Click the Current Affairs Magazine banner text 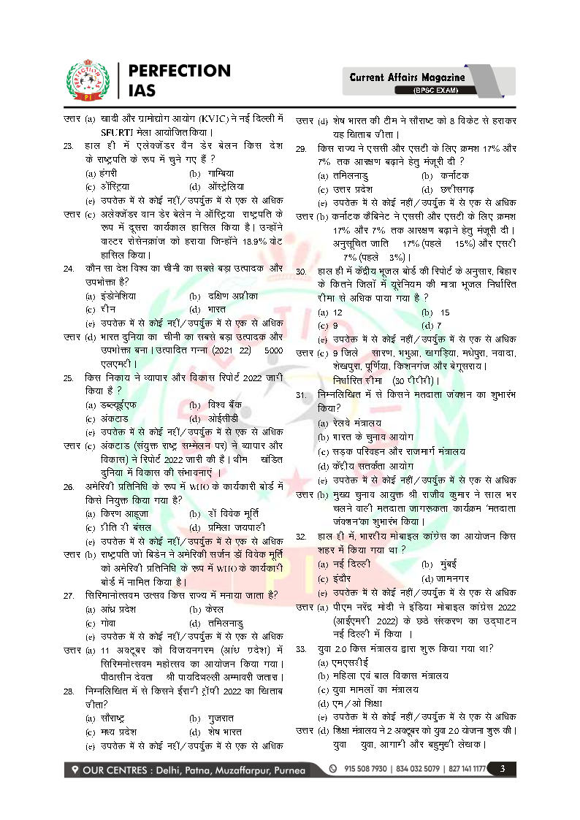click(x=407, y=77)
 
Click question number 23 click(x=68, y=146)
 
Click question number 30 click(x=300, y=271)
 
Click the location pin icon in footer click(x=76, y=770)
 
